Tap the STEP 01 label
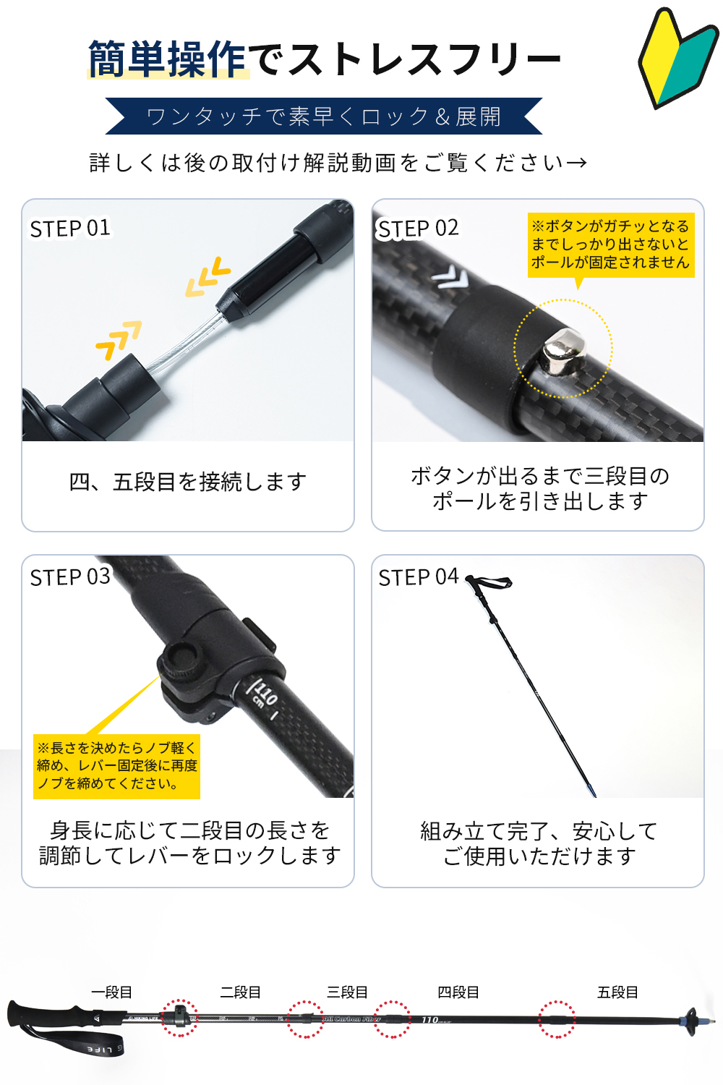[x=70, y=229]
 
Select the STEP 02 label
[x=418, y=229]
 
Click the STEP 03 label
[x=70, y=577]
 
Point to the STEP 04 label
[x=419, y=577]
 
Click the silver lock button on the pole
[x=562, y=350]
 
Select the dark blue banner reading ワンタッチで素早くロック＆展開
[x=323, y=116]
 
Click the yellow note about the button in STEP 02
[x=611, y=245]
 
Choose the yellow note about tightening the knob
[x=116, y=766]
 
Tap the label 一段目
[x=112, y=992]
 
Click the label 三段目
[x=347, y=992]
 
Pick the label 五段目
[x=617, y=992]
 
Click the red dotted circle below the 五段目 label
[x=557, y=1019]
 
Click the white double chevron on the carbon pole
[x=450, y=278]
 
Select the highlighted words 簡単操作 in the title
[x=167, y=59]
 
